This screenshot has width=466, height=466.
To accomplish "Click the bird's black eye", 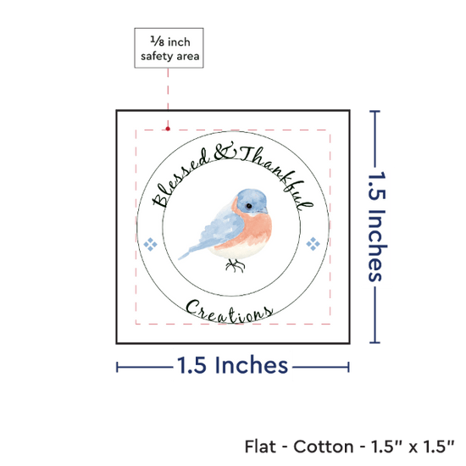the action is click(x=249, y=206).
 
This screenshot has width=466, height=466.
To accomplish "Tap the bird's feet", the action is click(x=235, y=265).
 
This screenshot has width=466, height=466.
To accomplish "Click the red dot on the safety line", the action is click(x=168, y=129).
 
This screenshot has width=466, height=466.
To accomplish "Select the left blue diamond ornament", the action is click(x=150, y=244).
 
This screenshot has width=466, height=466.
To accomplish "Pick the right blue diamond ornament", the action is click(x=313, y=244).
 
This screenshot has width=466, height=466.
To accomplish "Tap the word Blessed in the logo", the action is click(x=181, y=178).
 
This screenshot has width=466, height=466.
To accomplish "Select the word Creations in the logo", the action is click(x=229, y=312).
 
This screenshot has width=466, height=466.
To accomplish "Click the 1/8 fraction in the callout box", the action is click(x=158, y=41).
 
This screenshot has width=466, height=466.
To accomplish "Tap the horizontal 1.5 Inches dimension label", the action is click(x=232, y=364).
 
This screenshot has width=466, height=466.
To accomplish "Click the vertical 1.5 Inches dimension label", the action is click(x=377, y=226).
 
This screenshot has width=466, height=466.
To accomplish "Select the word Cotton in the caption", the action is click(x=324, y=447).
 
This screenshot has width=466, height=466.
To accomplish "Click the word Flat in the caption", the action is click(x=260, y=447).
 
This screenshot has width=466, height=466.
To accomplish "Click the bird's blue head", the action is click(x=252, y=201).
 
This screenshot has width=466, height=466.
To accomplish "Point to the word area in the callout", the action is click(x=188, y=56).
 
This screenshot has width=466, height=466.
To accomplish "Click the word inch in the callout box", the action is click(x=179, y=42).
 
